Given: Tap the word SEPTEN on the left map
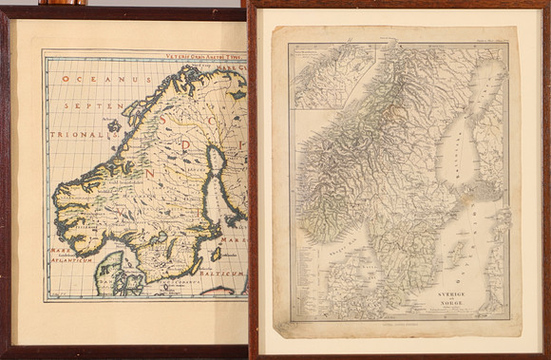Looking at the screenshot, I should [86, 107].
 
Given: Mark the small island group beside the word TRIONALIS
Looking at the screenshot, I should [115, 125].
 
